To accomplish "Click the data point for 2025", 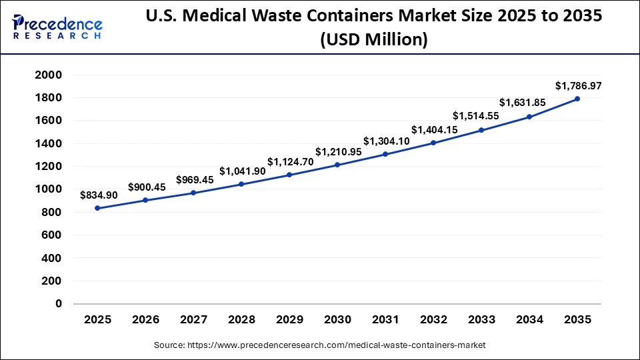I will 97,208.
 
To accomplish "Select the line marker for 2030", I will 337,165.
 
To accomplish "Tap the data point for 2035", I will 577,99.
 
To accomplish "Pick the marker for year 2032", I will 433,143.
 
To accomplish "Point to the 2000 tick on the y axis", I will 49,75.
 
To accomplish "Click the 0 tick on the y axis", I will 59,303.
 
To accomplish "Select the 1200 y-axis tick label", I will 49,166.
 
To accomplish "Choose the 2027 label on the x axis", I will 193,321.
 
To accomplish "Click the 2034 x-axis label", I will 529,321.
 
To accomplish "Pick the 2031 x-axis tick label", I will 385,321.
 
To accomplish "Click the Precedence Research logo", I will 57,27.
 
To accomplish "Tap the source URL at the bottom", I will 319,345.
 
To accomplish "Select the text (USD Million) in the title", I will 373,39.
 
